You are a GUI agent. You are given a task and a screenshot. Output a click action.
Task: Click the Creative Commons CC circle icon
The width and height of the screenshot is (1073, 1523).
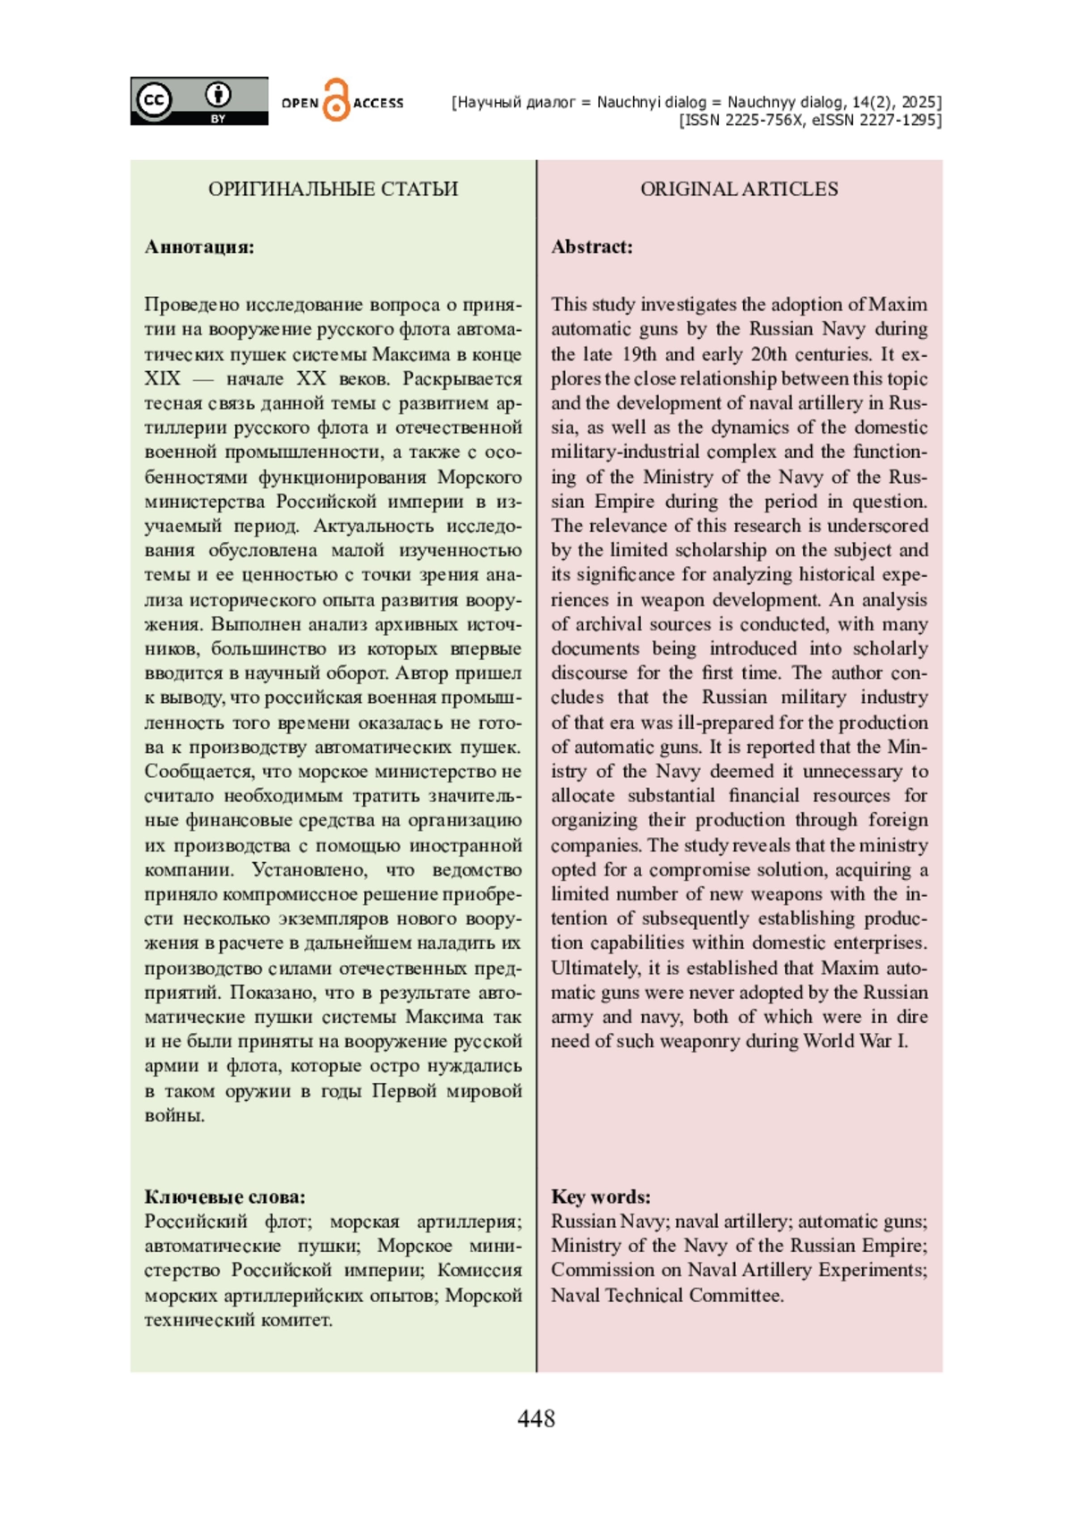tap(154, 99)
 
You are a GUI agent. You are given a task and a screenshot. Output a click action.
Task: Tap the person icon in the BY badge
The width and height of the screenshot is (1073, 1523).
tap(218, 94)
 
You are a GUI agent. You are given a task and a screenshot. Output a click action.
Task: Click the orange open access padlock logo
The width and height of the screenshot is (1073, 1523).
tap(336, 100)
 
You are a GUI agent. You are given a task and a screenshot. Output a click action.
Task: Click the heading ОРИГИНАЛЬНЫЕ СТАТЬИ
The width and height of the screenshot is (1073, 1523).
tap(333, 189)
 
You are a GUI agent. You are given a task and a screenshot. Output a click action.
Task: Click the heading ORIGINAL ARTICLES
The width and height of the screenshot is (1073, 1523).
tap(739, 189)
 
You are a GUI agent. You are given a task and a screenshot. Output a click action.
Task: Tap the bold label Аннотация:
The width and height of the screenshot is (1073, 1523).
tap(199, 247)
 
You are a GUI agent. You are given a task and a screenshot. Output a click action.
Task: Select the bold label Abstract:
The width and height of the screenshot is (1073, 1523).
tap(592, 247)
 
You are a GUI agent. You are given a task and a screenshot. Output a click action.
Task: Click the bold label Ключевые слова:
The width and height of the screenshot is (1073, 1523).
tap(224, 1197)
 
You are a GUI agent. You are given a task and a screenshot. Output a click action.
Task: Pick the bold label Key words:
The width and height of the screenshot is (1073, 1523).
tap(601, 1197)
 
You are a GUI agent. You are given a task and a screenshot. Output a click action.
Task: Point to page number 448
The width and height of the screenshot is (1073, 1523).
tap(536, 1418)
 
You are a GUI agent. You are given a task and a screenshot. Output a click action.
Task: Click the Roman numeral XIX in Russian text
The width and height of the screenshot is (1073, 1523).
tap(162, 378)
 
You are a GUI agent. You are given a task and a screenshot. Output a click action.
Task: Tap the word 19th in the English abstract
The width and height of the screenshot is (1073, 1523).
tap(640, 354)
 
